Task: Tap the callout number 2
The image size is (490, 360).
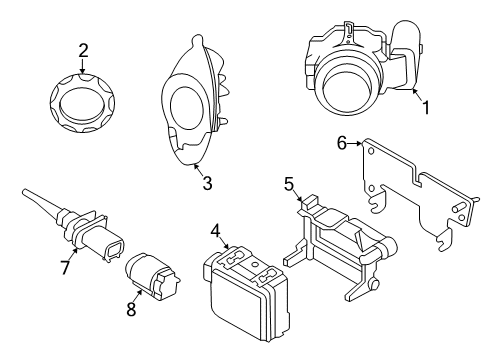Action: coord(84,49)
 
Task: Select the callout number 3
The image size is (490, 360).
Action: coord(208,183)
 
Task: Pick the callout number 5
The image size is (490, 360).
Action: coord(290,183)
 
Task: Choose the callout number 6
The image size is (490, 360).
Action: coord(341,144)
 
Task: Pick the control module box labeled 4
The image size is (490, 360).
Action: coord(247,294)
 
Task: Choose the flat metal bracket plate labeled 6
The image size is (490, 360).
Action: coord(410,195)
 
